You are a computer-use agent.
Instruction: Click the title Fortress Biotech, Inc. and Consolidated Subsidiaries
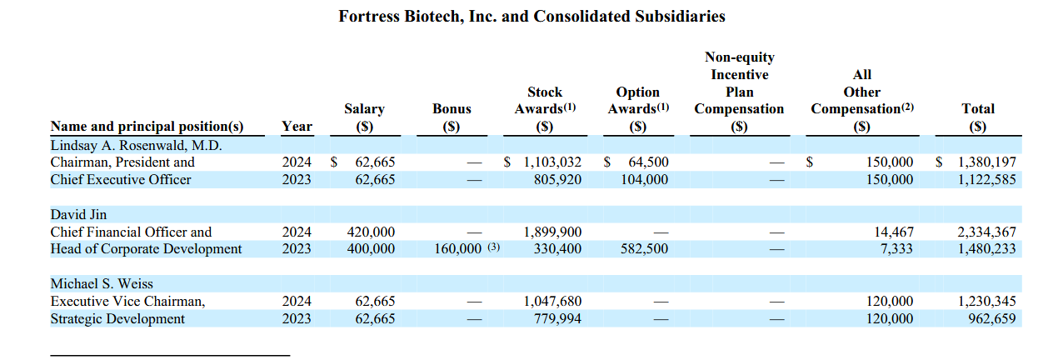coord(531,17)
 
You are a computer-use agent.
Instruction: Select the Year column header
coord(297,126)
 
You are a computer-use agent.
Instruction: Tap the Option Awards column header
coord(638,108)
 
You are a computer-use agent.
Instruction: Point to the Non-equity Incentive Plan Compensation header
coord(739,92)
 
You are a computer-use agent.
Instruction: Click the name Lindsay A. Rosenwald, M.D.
coord(136,145)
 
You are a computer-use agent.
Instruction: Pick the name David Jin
coord(78,214)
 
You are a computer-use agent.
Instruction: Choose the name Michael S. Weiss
coord(102,283)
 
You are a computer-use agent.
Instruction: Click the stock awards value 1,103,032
coord(552,162)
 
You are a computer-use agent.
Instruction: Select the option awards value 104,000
coord(644,179)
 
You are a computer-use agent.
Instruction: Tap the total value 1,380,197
coord(986,162)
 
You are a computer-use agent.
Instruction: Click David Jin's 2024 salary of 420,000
coord(371,232)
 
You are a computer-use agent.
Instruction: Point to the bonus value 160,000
coord(457,249)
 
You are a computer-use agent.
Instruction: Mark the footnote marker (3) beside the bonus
coord(493,247)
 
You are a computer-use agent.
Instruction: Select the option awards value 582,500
coord(644,249)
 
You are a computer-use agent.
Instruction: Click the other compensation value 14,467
coord(894,232)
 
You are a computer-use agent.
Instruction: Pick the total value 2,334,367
coord(986,232)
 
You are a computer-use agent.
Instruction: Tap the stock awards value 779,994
coord(557,319)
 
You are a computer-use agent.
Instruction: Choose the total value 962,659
coord(992,319)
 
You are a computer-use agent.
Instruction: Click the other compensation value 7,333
coord(896,249)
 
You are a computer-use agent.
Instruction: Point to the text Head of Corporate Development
coord(146,249)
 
